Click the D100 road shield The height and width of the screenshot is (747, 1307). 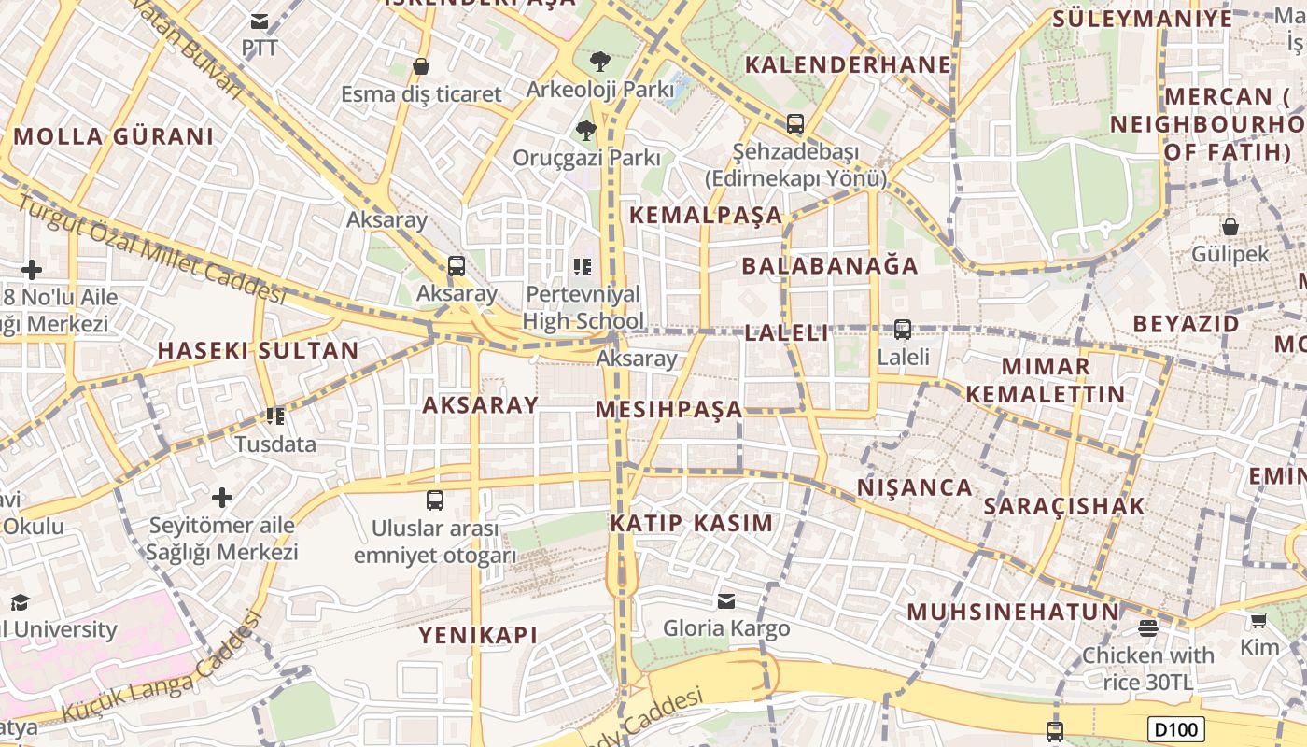tap(1175, 729)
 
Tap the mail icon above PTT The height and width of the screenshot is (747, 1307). tap(260, 21)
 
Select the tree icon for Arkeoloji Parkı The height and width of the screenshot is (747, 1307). tap(600, 63)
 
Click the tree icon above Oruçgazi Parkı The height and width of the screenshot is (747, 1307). tap(586, 130)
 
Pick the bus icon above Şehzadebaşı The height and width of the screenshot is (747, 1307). tap(795, 123)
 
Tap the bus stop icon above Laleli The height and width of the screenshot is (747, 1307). tap(903, 330)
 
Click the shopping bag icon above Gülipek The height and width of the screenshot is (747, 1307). tap(1230, 227)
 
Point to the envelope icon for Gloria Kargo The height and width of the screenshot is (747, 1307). tap(726, 600)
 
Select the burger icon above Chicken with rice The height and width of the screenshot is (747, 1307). tap(1148, 628)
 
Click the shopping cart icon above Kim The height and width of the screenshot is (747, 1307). tap(1259, 621)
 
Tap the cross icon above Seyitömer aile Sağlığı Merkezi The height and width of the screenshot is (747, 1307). tap(222, 497)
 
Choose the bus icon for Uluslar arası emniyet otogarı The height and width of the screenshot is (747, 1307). tap(435, 500)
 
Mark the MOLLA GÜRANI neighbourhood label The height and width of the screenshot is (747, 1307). tap(114, 136)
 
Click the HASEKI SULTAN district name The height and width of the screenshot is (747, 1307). tap(258, 351)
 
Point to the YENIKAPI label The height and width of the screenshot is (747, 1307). tap(478, 636)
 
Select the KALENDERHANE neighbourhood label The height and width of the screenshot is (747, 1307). tap(848, 64)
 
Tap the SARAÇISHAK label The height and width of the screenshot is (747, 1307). tap(1063, 506)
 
